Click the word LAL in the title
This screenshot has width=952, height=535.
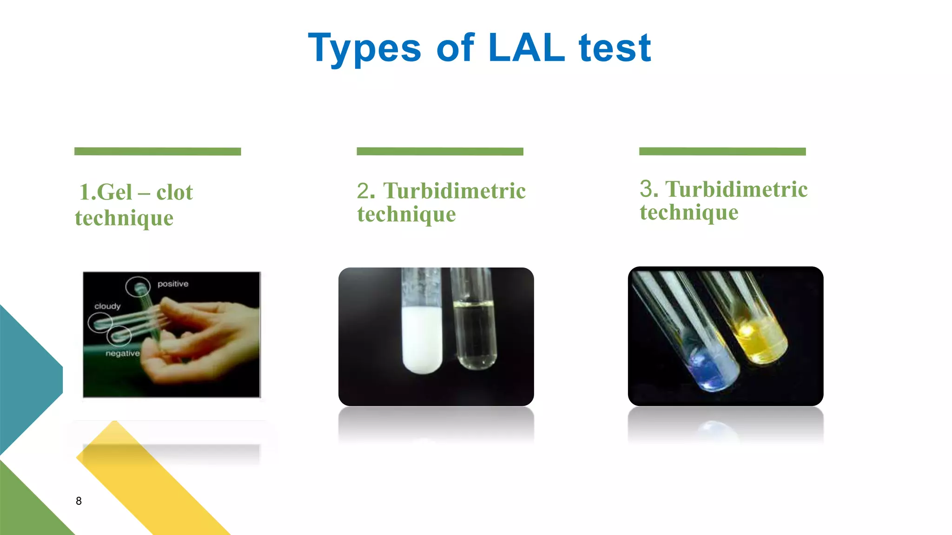pos(527,47)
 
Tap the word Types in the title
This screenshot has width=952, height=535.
pos(364,48)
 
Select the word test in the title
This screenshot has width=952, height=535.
pos(615,47)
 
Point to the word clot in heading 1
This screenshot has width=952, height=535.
pos(174,192)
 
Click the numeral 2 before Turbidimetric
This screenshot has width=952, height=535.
pos(365,190)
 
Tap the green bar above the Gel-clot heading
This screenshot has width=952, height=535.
pos(158,151)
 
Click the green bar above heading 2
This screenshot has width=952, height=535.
pos(440,151)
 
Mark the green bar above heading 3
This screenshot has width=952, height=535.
pos(722,151)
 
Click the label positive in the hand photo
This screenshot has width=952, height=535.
pos(173,284)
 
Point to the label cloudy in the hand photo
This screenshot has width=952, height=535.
pos(107,306)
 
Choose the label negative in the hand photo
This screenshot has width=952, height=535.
pos(122,353)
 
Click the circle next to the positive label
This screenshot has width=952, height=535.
pos(138,287)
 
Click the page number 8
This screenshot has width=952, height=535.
pos(79,501)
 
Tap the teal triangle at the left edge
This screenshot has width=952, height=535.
pos(26,376)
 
